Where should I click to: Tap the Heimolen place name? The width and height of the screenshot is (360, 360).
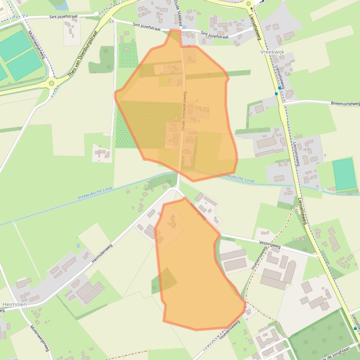(x=15, y=304)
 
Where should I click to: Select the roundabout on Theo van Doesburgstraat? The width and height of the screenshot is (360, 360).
(x=51, y=83)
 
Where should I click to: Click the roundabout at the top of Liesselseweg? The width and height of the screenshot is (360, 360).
(x=248, y=4)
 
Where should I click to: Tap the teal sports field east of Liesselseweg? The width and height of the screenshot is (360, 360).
(x=344, y=174)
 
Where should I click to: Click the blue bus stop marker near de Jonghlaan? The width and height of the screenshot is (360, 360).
(x=355, y=328)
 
